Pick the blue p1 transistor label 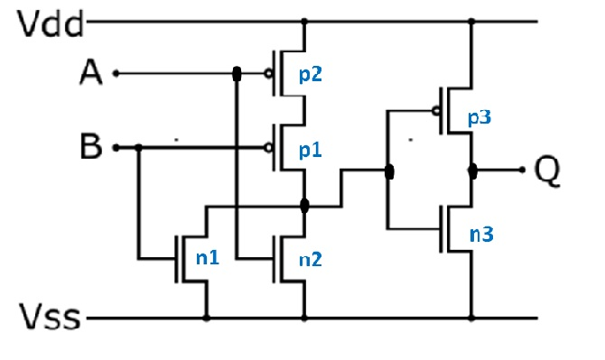coord(310,149)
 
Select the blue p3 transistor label coord(479,118)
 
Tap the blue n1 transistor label coord(209,258)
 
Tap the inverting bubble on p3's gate coord(436,112)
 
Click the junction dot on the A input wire coord(237,74)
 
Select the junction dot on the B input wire coord(138,147)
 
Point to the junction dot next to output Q coord(471,170)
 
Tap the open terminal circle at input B coord(115,147)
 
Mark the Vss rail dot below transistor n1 coord(207,318)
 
